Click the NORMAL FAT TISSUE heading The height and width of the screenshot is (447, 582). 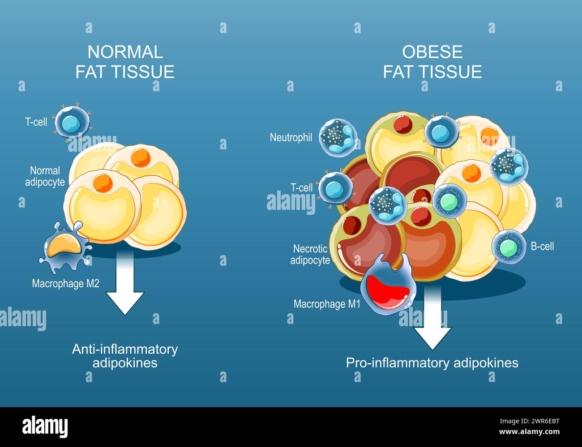tap(125, 62)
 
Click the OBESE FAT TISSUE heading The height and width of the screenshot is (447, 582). tap(432, 62)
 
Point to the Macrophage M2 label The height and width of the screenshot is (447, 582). tap(65, 283)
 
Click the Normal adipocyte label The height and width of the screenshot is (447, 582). tap(45, 176)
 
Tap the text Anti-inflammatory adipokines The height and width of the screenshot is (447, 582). tap(125, 356)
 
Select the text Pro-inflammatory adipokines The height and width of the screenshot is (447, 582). tap(432, 362)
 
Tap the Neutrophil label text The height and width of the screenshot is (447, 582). tap(291, 137)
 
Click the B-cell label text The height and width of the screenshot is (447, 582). tap(542, 246)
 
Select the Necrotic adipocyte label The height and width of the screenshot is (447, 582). tap(310, 254)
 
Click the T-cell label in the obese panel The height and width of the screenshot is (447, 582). tap(301, 187)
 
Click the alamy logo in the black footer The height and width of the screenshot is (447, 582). tap(45, 426)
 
